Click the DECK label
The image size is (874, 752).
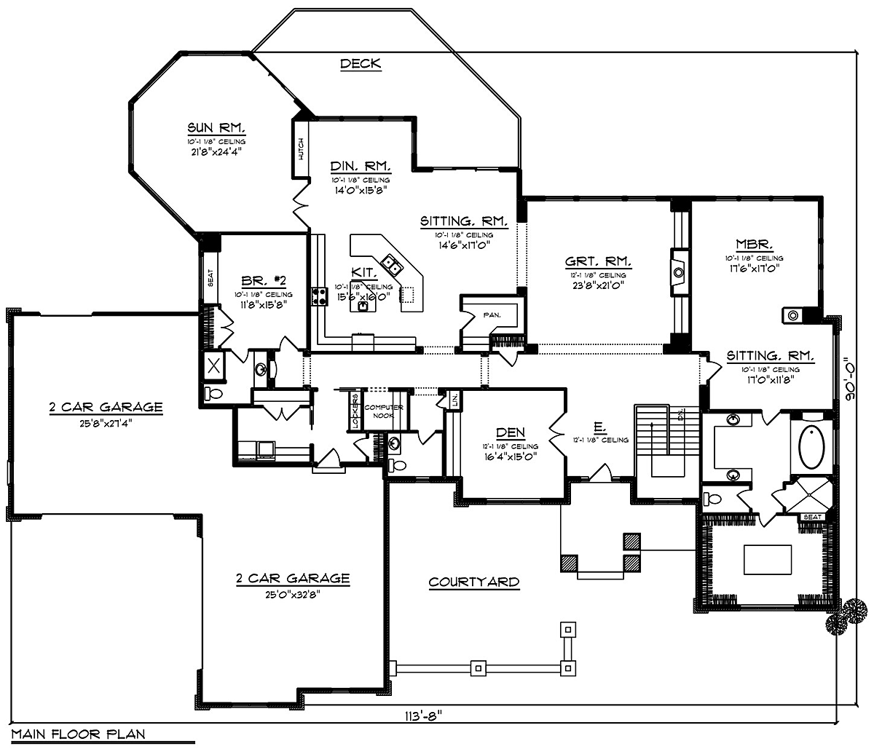tap(361, 64)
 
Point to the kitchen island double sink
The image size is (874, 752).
tap(391, 266)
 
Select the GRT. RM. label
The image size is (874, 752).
tap(597, 262)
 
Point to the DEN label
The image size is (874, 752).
tap(510, 432)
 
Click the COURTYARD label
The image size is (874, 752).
tap(473, 582)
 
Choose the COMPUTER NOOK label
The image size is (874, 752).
tap(384, 411)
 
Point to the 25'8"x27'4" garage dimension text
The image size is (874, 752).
tap(106, 421)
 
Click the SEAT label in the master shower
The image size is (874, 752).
tap(812, 517)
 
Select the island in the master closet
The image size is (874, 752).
tap(767, 560)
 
